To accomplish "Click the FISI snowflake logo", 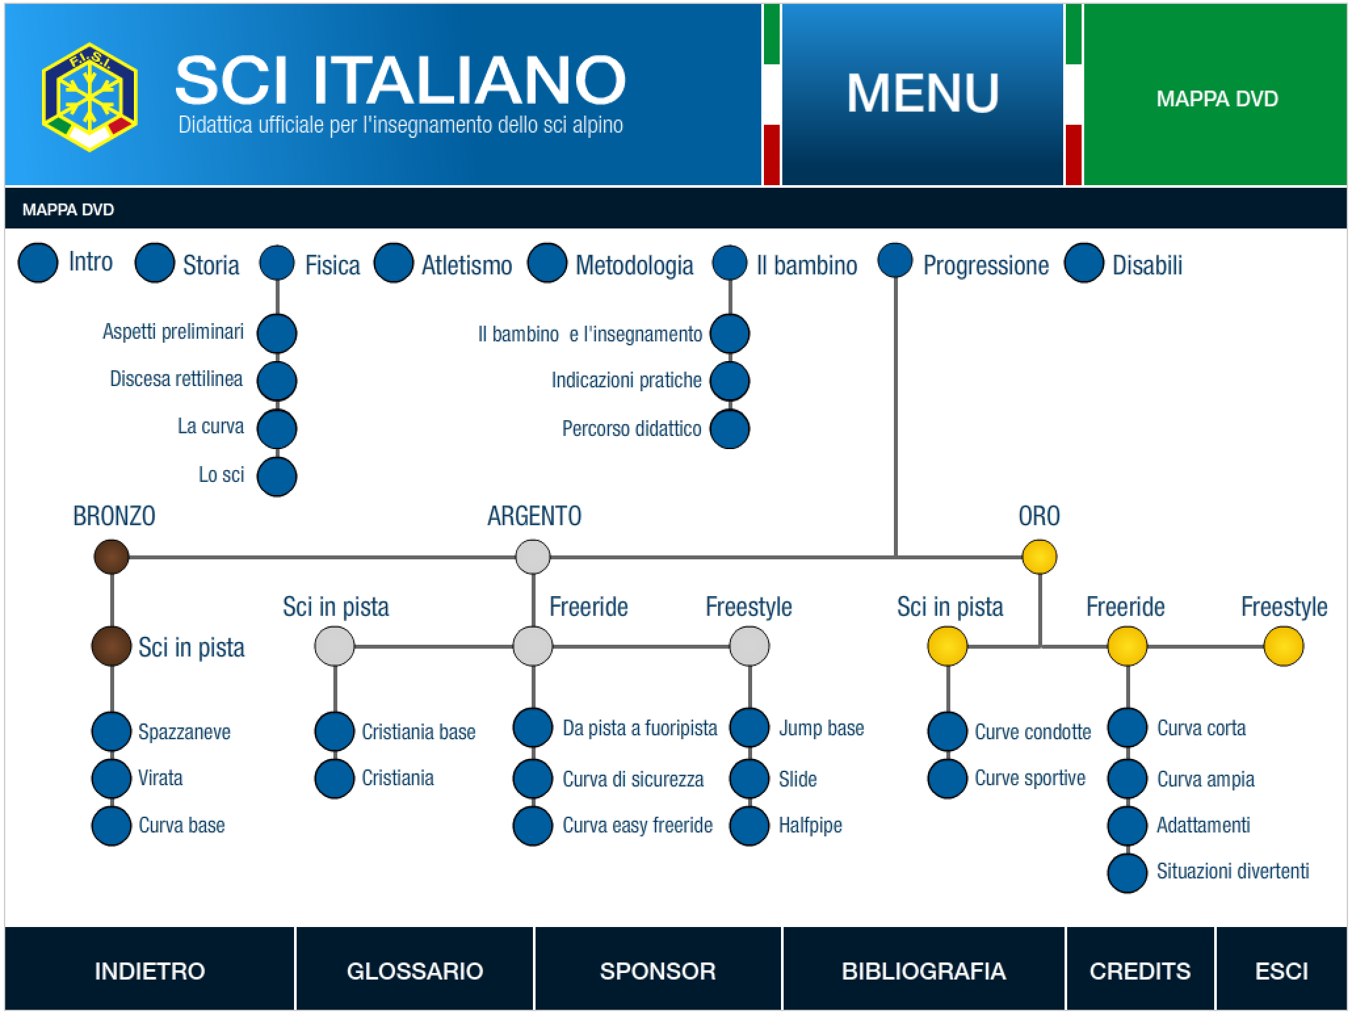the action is [90, 97].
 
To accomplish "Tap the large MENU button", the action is [922, 95].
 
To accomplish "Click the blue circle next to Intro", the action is [38, 263].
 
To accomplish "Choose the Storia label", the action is [211, 265].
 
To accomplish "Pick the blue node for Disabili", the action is [1084, 263].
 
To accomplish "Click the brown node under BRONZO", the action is [112, 557].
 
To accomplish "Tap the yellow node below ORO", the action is [1040, 557].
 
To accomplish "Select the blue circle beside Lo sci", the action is [277, 477].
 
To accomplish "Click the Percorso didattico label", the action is [632, 429].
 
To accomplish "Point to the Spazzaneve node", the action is [112, 731].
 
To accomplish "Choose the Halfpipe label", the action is [810, 825].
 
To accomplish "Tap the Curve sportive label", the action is [1030, 779].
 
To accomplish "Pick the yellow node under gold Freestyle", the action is [1284, 646].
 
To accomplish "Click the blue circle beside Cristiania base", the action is [335, 731].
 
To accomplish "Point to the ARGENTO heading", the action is [534, 516].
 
